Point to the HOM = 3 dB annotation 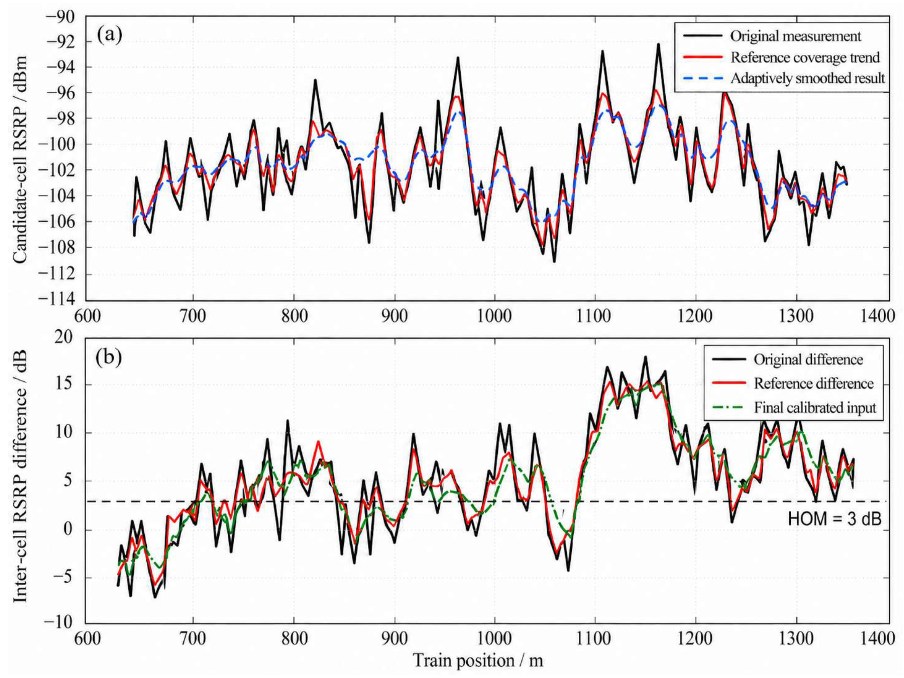click(835, 519)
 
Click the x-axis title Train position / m click(478, 661)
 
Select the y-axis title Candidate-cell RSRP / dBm click(20, 159)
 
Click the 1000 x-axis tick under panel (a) click(495, 316)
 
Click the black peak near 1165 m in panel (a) click(659, 44)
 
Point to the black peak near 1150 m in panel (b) click(645, 357)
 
